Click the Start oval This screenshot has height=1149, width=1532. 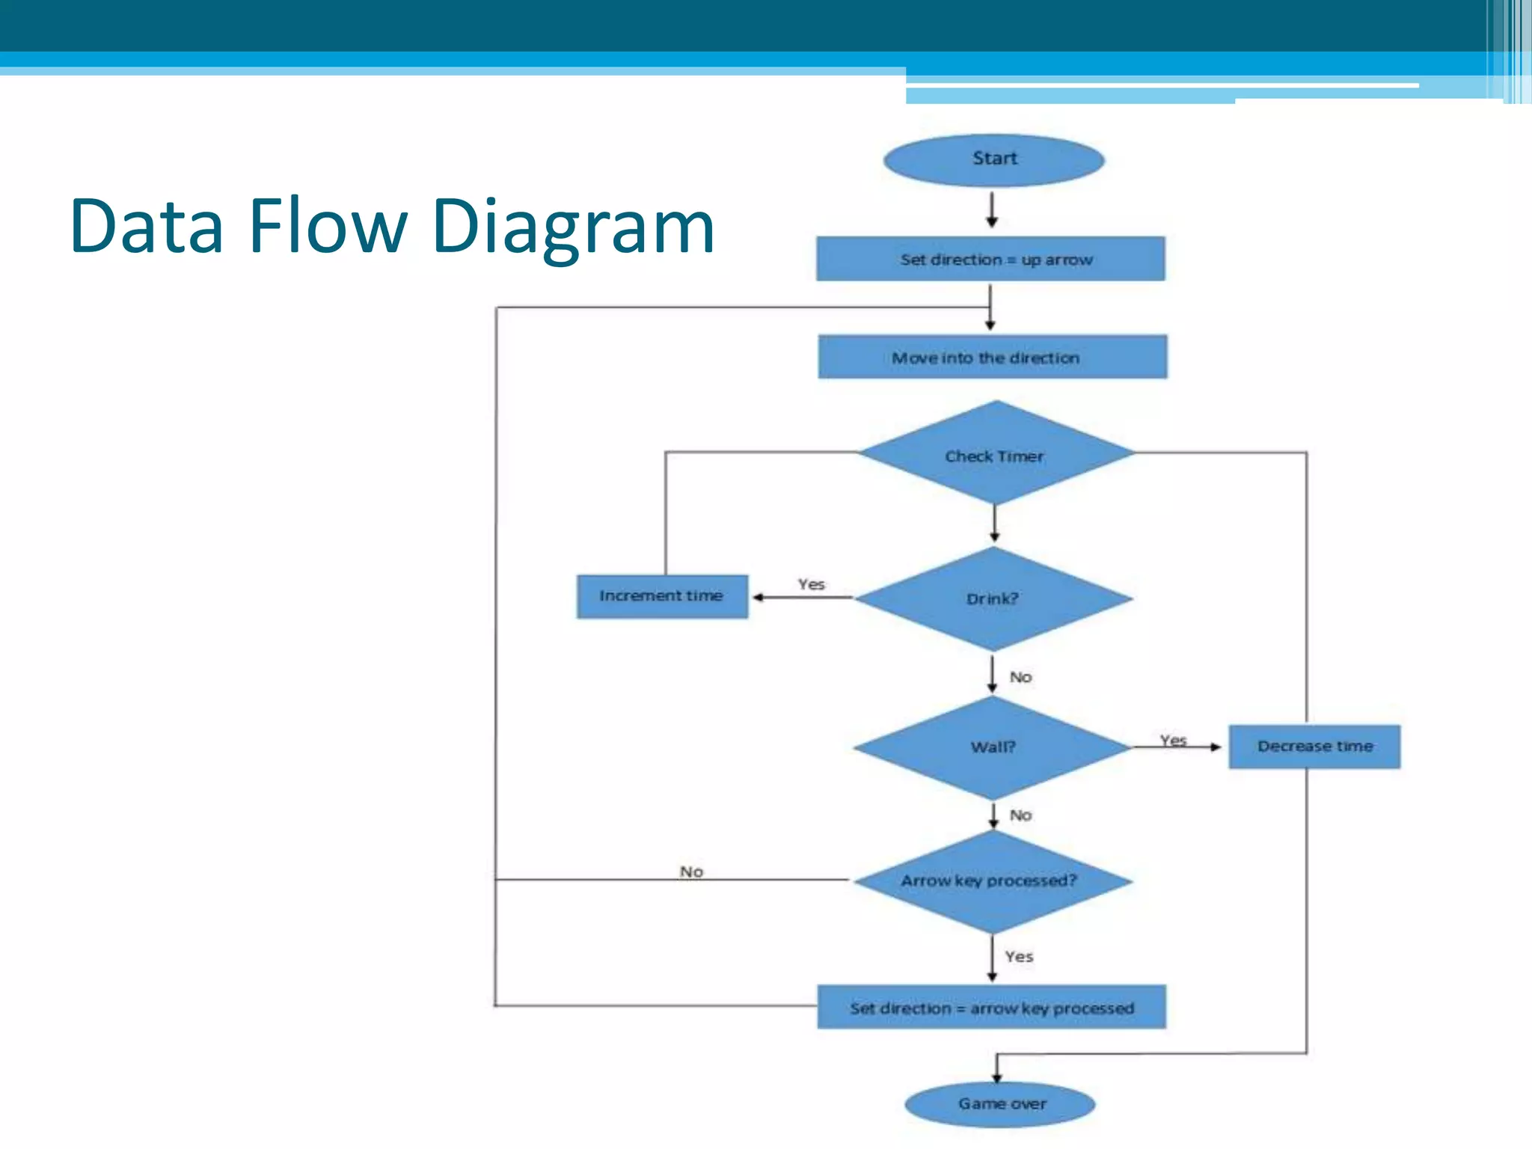pyautogui.click(x=993, y=159)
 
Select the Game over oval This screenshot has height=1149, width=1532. pyautogui.click(x=1000, y=1103)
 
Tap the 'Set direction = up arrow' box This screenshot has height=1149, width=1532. pyautogui.click(x=990, y=259)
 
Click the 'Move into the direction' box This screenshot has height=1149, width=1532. pyautogui.click(x=992, y=357)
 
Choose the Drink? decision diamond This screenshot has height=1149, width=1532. pyautogui.click(x=993, y=598)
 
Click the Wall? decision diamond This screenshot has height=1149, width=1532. pyautogui.click(x=993, y=747)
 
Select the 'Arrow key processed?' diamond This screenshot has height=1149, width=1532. pyautogui.click(x=992, y=881)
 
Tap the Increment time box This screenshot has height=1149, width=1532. pyautogui.click(x=662, y=596)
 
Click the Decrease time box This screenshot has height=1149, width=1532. pyautogui.click(x=1314, y=747)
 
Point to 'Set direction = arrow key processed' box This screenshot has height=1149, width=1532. pyautogui.click(x=991, y=1008)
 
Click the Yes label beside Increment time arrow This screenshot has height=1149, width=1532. pyautogui.click(x=811, y=584)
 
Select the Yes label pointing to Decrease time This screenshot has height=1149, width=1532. pyautogui.click(x=1173, y=740)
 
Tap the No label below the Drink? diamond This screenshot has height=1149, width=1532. pyautogui.click(x=1020, y=677)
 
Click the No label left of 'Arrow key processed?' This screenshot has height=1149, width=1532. pyautogui.click(x=691, y=871)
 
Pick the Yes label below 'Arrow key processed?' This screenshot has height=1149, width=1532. pyautogui.click(x=1019, y=957)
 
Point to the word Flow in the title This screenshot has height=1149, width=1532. pyautogui.click(x=328, y=225)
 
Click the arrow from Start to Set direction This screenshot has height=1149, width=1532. pyautogui.click(x=992, y=209)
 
